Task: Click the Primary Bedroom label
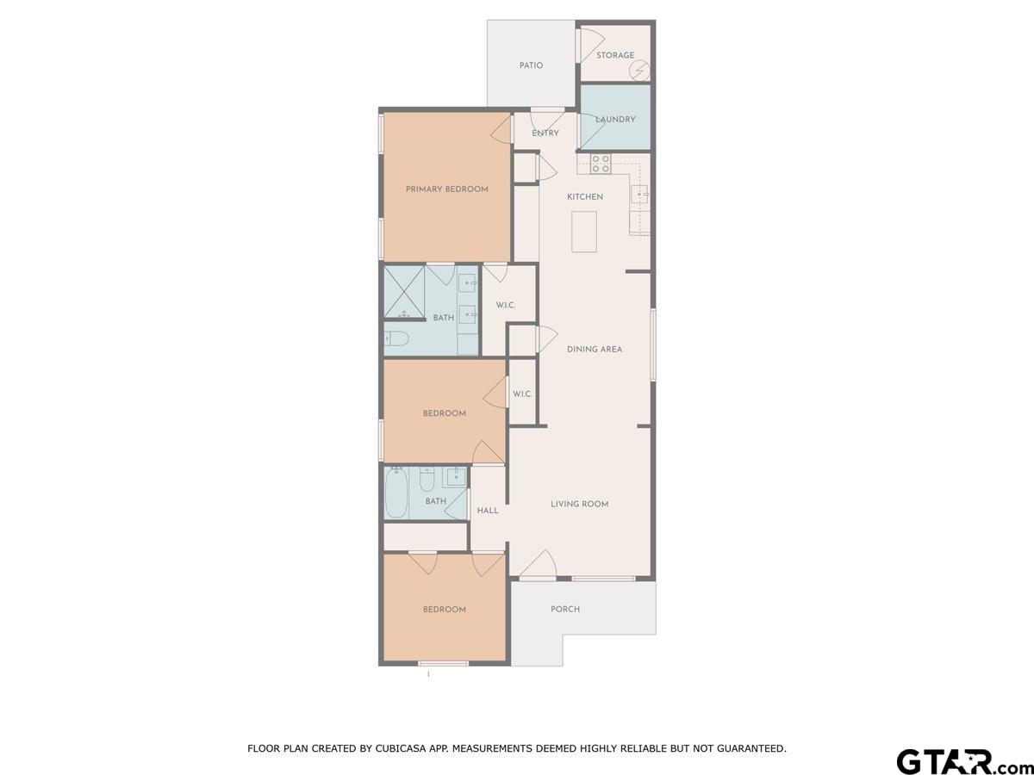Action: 446,189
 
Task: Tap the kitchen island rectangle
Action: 584,232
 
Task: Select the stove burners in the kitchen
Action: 601,163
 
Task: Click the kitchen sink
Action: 639,193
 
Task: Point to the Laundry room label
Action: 614,120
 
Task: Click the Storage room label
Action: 614,55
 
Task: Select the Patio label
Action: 531,65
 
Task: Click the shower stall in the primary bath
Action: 404,291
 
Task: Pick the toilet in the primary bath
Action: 396,338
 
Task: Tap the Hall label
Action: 488,511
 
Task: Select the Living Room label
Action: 579,504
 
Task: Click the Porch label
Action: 565,609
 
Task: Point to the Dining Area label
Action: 594,350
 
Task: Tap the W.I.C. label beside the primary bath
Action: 505,305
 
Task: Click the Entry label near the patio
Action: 545,133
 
